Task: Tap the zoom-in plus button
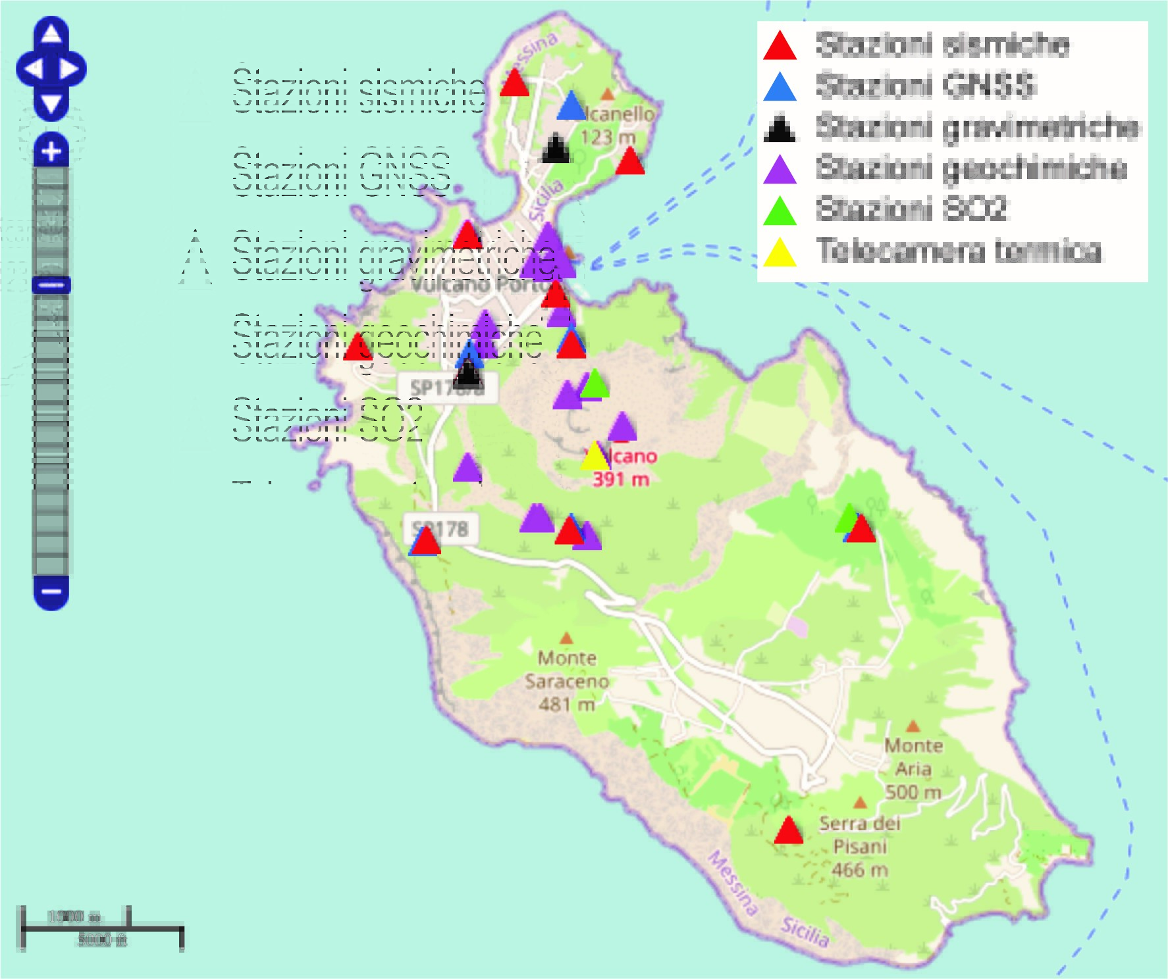click(x=51, y=152)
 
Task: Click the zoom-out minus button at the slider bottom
click(x=51, y=591)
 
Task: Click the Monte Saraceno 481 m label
click(x=567, y=681)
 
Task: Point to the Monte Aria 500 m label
click(x=913, y=768)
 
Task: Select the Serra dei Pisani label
click(x=859, y=835)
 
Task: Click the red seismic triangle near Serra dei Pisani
click(x=788, y=832)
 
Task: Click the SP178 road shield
click(x=441, y=529)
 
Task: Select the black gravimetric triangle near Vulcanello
click(x=555, y=149)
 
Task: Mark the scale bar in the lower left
click(x=101, y=928)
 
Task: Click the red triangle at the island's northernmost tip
click(x=514, y=84)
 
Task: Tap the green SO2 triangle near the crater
click(x=595, y=384)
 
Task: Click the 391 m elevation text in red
click(x=620, y=479)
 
